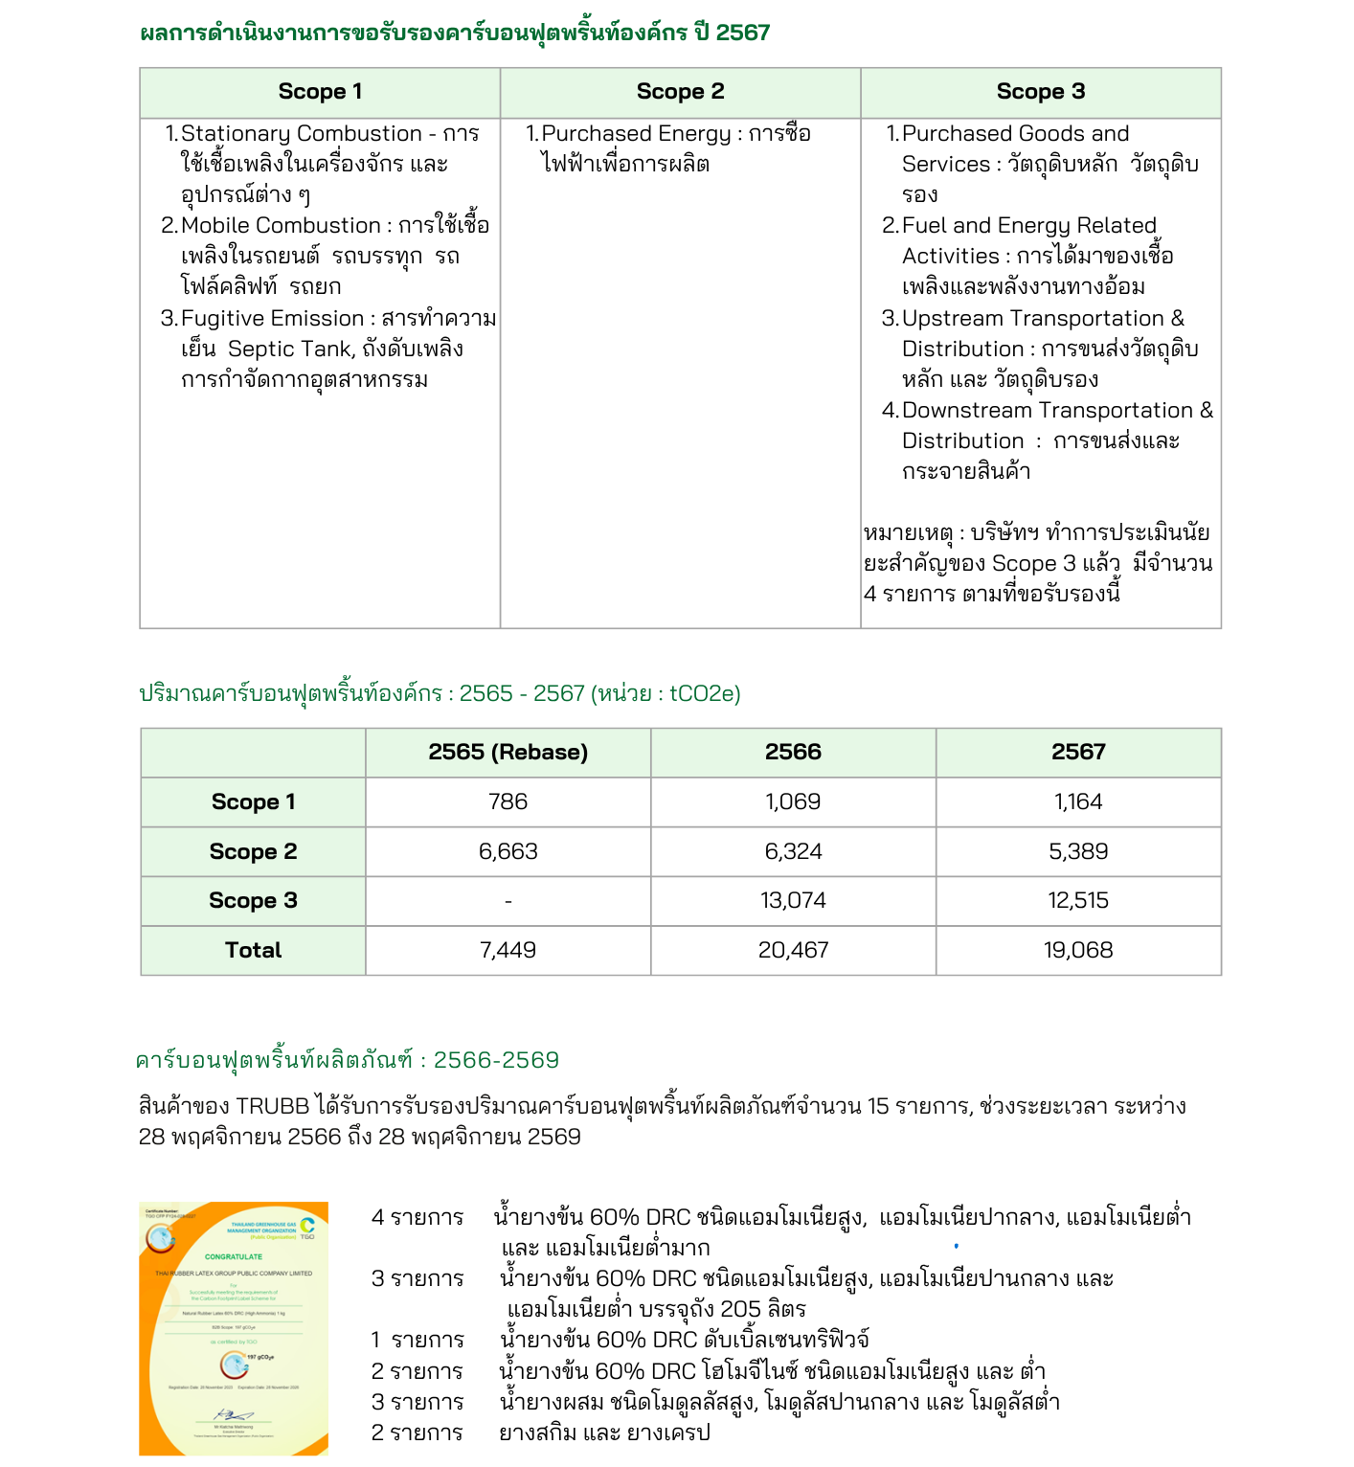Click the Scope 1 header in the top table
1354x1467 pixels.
(320, 92)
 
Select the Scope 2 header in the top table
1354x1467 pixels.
(680, 92)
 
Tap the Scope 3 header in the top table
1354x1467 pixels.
(1040, 92)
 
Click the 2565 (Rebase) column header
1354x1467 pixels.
(508, 752)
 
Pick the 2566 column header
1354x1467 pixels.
(793, 752)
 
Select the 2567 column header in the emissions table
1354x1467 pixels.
(1078, 752)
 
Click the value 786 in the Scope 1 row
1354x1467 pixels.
(508, 801)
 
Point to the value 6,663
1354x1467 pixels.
(508, 851)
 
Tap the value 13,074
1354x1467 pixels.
(793, 900)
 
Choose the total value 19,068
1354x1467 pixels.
(1078, 950)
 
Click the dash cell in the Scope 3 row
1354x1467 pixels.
(508, 901)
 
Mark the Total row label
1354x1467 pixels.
(253, 950)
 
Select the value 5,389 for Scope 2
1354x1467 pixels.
(1078, 851)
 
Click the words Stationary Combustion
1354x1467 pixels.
(301, 134)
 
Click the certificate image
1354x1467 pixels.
(234, 1328)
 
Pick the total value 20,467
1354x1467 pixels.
(793, 950)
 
